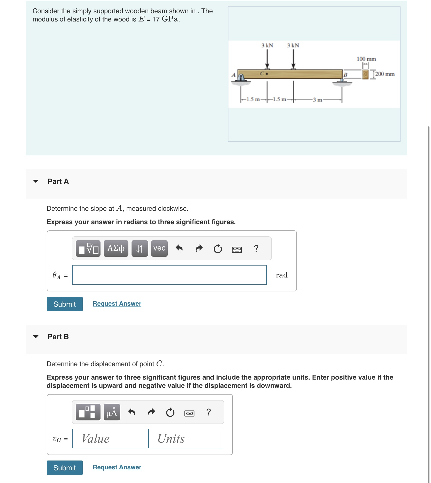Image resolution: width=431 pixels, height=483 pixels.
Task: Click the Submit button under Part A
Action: (x=65, y=304)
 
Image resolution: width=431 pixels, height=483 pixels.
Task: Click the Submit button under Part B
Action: (x=65, y=468)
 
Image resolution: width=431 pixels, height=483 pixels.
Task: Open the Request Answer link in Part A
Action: (x=117, y=304)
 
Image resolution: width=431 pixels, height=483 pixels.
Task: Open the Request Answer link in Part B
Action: (x=117, y=467)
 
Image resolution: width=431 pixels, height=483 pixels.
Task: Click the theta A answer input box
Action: (x=169, y=275)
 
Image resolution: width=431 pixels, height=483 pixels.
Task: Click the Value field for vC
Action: (x=110, y=439)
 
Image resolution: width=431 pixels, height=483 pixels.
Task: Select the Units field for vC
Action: (x=186, y=439)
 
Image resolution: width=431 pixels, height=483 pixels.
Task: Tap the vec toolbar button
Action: (x=159, y=248)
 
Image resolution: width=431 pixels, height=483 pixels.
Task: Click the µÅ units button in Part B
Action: (x=112, y=412)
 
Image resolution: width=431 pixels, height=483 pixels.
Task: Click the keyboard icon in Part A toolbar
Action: (x=237, y=250)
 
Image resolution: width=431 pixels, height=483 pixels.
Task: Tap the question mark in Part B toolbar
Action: (x=209, y=412)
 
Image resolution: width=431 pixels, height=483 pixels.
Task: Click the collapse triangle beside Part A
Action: (x=36, y=181)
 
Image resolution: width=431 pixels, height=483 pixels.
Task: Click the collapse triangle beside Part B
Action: (x=36, y=337)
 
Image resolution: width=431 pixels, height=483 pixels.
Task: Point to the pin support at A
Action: (x=241, y=78)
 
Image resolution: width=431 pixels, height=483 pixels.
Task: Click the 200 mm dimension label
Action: (x=385, y=74)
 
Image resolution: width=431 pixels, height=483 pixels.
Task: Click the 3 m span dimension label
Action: (x=317, y=100)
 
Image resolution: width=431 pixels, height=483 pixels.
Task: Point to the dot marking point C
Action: (x=267, y=74)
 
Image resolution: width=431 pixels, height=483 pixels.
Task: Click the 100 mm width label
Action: (x=366, y=59)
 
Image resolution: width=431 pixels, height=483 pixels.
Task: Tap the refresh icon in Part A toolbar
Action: (x=218, y=249)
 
